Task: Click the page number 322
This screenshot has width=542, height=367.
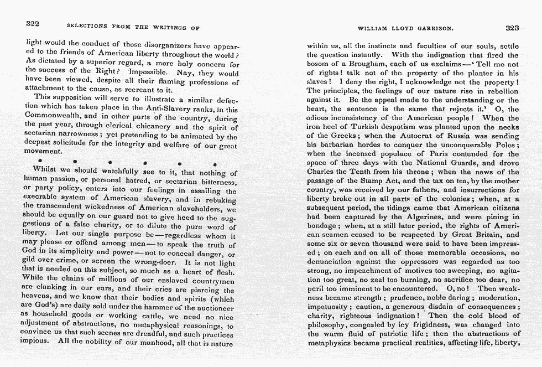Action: point(33,24)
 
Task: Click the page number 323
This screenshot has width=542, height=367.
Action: point(512,27)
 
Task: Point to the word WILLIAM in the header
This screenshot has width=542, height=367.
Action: point(372,28)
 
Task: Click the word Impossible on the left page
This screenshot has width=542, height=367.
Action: point(148,72)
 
